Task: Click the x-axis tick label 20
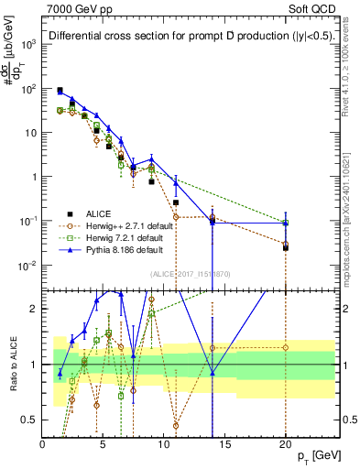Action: coord(285,443)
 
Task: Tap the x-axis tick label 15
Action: coord(224,443)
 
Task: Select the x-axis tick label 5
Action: coord(103,443)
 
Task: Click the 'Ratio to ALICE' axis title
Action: coord(12,365)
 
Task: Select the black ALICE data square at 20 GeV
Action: coord(286,247)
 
